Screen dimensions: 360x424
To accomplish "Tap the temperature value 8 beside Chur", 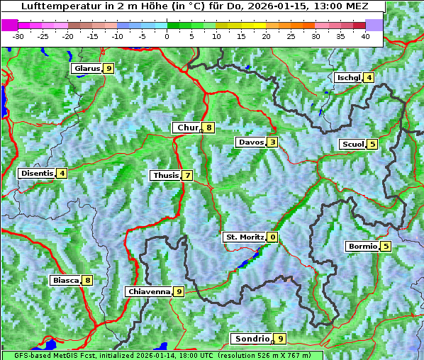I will (x=209, y=128).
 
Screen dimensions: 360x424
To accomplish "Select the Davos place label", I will (x=250, y=142).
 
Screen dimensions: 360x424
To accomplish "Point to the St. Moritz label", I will (x=244, y=237).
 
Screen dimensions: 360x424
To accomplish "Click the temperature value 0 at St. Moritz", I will (x=272, y=237).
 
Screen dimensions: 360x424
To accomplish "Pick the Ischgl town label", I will (x=348, y=77).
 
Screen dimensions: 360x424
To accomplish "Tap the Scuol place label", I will (x=352, y=144).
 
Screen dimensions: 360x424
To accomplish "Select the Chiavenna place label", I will (x=149, y=291).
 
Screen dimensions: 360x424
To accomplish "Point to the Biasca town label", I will (x=66, y=280).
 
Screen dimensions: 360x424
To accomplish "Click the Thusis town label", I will (x=165, y=175).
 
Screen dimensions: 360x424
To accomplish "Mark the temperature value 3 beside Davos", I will (x=272, y=142).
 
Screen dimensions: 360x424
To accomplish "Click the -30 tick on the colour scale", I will (x=18, y=35).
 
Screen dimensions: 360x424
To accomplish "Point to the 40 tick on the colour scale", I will (x=365, y=35).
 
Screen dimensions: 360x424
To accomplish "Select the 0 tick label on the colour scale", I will (x=167, y=35).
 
